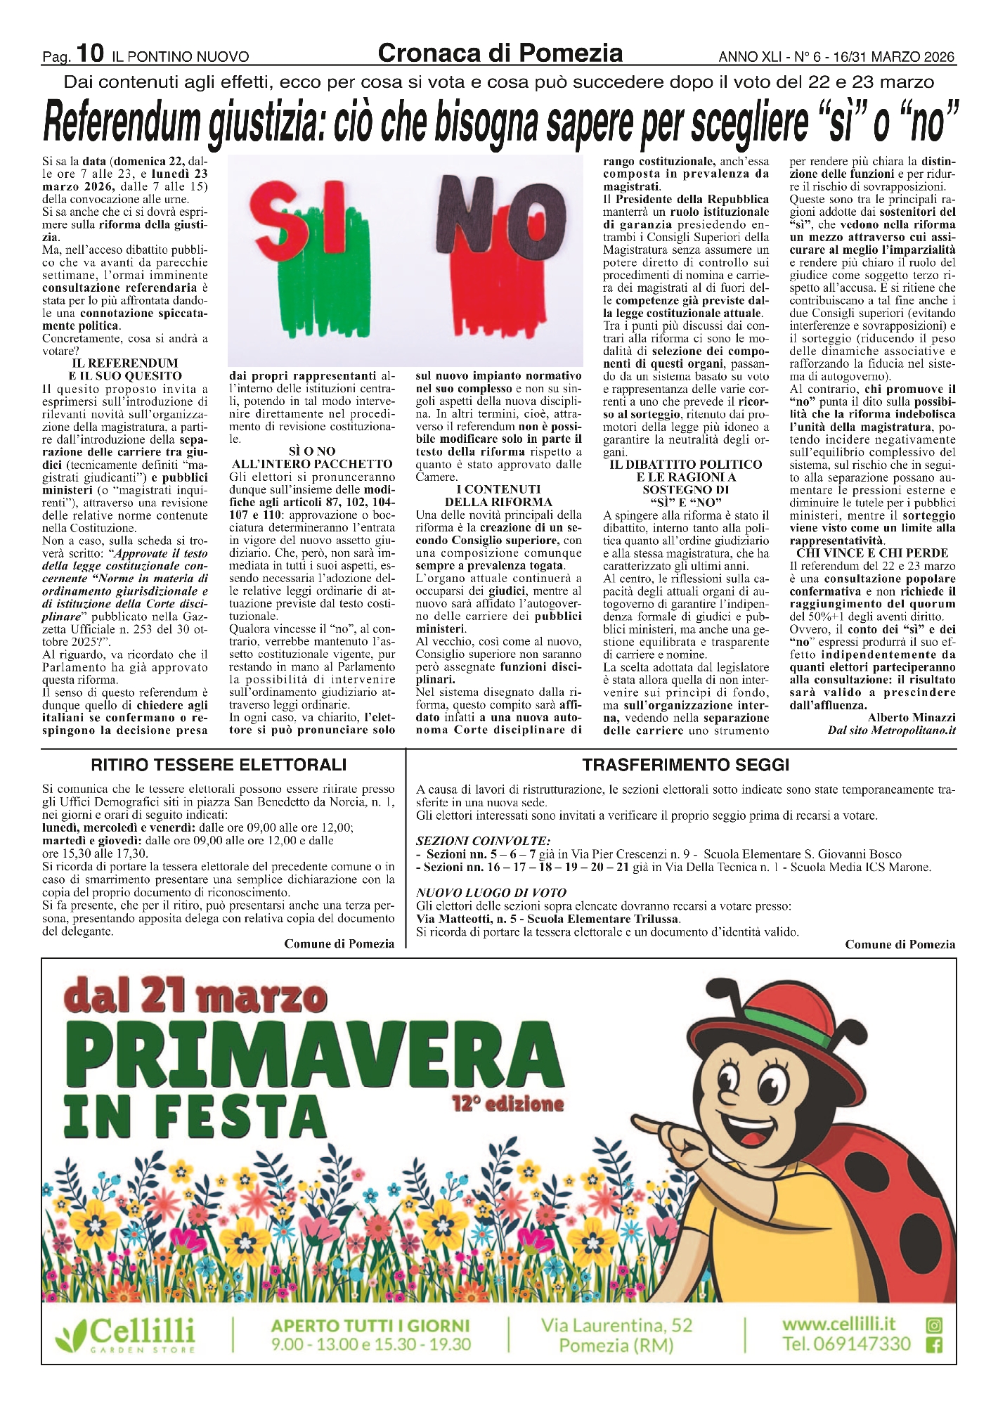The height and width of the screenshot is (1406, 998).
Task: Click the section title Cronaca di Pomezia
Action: pos(500,53)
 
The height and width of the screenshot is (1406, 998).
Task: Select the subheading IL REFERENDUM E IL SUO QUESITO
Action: pos(125,370)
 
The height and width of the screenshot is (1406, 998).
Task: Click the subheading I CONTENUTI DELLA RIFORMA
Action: pos(498,496)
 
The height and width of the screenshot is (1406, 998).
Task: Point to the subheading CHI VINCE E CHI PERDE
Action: pos(872,553)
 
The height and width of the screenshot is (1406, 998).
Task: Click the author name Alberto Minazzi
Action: pos(912,718)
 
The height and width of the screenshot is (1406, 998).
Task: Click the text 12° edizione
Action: pos(508,1104)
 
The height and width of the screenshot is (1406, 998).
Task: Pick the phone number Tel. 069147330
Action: pos(846,1345)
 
